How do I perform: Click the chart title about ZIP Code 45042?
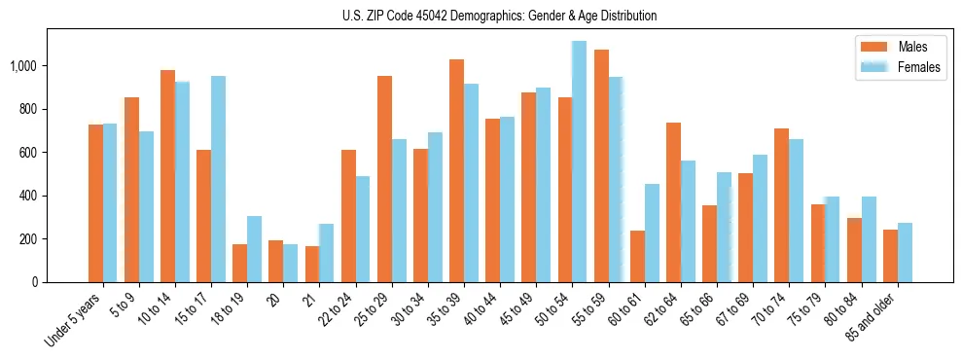500,16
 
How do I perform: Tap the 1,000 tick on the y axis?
24,66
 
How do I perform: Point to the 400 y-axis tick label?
29,196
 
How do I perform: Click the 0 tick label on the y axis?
35,282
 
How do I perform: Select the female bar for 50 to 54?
579,162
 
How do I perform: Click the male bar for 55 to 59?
601,166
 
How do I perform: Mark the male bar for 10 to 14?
167,176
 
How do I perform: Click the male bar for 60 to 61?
637,257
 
